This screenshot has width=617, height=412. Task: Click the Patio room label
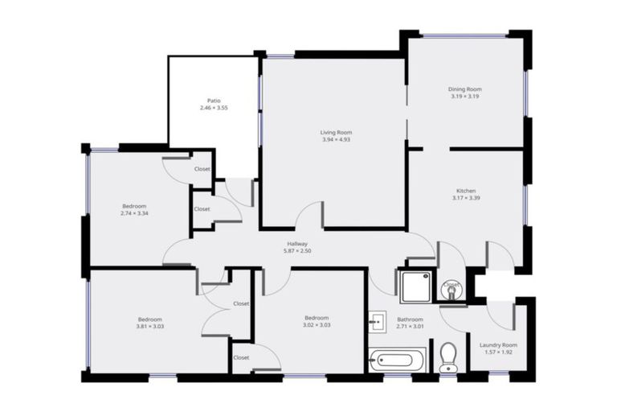click(214, 101)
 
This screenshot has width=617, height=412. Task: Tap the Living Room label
click(336, 132)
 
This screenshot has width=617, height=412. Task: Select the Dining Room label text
click(464, 89)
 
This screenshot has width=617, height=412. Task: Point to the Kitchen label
click(466, 191)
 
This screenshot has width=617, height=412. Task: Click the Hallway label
click(296, 244)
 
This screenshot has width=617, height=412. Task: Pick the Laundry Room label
click(498, 345)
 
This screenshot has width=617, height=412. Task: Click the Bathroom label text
click(410, 319)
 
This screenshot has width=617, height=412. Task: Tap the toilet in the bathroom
click(449, 356)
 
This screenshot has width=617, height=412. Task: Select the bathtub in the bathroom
click(398, 360)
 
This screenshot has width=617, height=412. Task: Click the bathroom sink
click(378, 322)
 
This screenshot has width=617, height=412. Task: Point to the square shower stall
click(416, 286)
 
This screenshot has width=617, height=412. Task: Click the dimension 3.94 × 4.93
click(336, 139)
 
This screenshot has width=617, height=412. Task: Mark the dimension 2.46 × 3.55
click(214, 108)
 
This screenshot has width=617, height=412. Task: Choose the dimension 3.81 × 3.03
click(149, 326)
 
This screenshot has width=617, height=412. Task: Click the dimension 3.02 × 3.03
click(316, 325)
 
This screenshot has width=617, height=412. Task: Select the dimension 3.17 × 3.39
click(466, 198)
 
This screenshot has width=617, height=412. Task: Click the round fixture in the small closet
click(452, 286)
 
